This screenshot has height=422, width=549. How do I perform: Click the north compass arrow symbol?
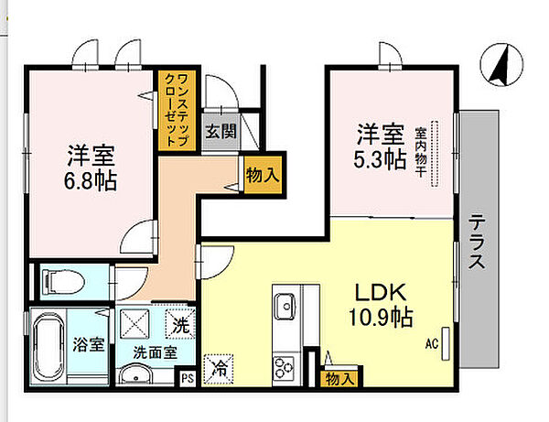point(501,65)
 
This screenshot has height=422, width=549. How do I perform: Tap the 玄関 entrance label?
point(221,131)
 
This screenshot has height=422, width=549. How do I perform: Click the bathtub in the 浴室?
point(48,346)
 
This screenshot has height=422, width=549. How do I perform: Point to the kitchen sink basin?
point(285,307)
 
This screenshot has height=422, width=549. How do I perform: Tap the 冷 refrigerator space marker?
point(219,369)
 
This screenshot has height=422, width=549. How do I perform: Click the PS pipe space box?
point(188,379)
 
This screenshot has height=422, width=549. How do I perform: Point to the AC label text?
point(432,344)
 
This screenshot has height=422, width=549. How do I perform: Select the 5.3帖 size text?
point(380,160)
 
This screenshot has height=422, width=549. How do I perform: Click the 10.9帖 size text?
point(381,318)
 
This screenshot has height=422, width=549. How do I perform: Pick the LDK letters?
point(381,292)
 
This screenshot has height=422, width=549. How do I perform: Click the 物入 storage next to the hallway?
point(263,175)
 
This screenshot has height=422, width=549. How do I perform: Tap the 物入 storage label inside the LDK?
point(340,379)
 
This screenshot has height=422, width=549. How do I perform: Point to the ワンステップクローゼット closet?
point(177,111)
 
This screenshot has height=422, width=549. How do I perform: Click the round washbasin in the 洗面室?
point(135,374)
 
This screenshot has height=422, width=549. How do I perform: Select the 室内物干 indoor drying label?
point(421,153)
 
